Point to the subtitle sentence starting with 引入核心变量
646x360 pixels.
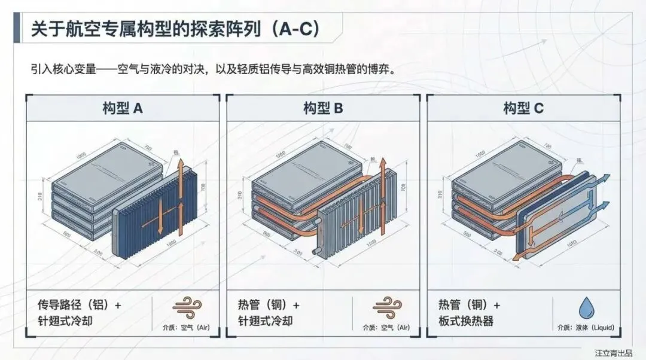pos(215,68)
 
